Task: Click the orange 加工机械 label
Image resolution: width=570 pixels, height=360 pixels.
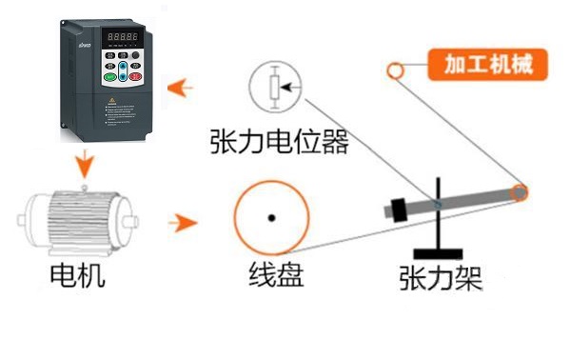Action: tap(486, 65)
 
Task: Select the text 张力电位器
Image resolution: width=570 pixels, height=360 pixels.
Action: tap(280, 143)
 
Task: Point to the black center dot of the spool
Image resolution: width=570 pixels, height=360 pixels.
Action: tap(271, 218)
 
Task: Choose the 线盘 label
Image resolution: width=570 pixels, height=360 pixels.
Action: tap(276, 275)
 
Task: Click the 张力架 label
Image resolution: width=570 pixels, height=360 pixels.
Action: tap(440, 279)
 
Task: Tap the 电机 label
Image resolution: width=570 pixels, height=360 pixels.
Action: tap(76, 276)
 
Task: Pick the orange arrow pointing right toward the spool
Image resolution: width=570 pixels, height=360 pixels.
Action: tap(182, 224)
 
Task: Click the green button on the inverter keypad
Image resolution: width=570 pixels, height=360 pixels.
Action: tap(110, 76)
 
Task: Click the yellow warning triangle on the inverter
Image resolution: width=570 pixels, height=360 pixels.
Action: tap(111, 98)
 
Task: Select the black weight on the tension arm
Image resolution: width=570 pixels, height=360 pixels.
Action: tap(398, 209)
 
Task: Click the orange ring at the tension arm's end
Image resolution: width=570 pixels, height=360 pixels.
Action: tap(520, 192)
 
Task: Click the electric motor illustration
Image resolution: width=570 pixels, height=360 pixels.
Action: tap(75, 223)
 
